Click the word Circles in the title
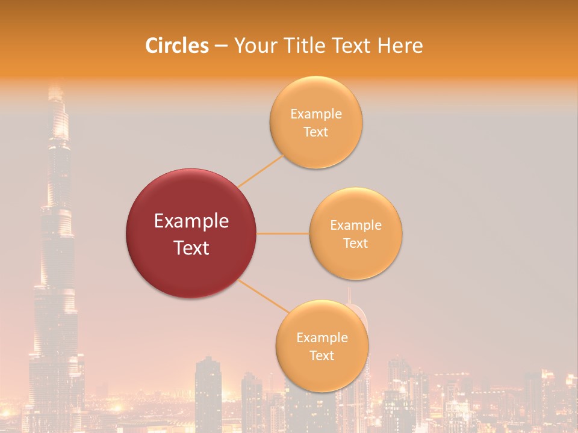tap(176, 46)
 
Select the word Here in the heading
tap(400, 46)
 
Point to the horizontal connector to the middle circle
tap(283, 233)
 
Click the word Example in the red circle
tap(191, 221)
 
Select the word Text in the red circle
tap(191, 248)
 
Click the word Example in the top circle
tap(315, 114)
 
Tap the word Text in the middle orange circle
tap(355, 243)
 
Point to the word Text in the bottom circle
tap(322, 355)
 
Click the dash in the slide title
tap(220, 46)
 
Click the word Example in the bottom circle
tap(322, 337)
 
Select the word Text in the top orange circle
tap(315, 132)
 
